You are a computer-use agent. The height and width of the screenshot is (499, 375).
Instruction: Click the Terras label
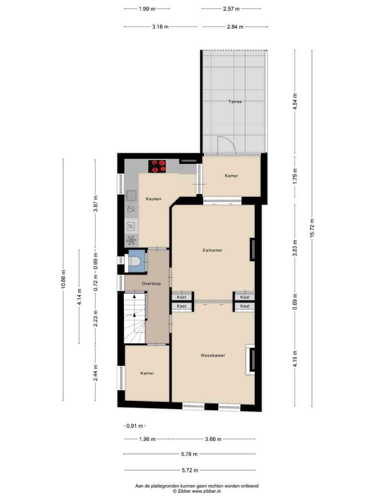click(235, 102)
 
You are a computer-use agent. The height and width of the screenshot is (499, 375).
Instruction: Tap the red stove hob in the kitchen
click(157, 166)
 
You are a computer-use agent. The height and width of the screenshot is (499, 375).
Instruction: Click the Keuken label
click(154, 199)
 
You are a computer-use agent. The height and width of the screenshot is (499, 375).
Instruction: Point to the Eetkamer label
click(212, 250)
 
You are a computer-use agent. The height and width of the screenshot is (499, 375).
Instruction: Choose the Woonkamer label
click(213, 356)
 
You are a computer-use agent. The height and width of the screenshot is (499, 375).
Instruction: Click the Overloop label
click(151, 283)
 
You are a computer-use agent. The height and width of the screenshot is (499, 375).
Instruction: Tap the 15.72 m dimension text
click(312, 228)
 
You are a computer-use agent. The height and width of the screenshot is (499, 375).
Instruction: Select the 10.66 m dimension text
click(63, 279)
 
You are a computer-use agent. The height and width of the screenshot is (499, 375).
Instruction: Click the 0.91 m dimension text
click(134, 426)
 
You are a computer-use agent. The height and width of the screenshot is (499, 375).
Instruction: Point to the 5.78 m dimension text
click(189, 454)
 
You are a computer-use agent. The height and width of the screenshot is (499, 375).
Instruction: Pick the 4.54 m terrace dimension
click(295, 101)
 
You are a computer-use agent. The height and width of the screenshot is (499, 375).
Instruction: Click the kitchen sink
click(132, 195)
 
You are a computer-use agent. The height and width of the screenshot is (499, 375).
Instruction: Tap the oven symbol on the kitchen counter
click(131, 226)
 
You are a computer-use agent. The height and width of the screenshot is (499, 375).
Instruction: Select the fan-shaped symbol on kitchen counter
click(131, 240)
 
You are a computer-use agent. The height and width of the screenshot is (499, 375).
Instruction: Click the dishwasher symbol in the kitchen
click(131, 209)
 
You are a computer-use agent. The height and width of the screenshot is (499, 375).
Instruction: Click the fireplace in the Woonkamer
click(250, 359)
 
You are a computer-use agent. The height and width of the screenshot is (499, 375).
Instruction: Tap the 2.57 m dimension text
click(231, 9)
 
